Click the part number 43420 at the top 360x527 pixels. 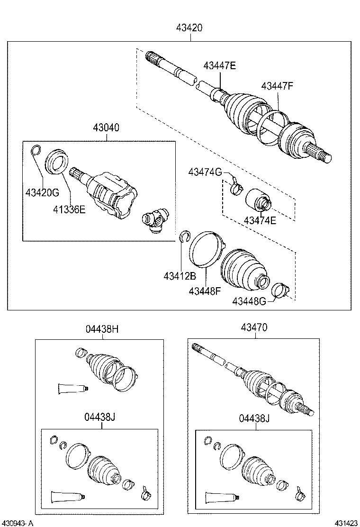point(190,28)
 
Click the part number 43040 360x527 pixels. point(106,128)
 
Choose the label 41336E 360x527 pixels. point(69,209)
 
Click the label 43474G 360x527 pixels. point(205,172)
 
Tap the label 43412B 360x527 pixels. point(180,276)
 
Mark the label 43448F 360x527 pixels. point(205,291)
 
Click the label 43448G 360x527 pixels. point(249,301)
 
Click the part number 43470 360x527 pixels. point(254,327)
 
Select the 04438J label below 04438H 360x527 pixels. point(100,417)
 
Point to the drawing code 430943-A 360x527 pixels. point(18,523)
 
